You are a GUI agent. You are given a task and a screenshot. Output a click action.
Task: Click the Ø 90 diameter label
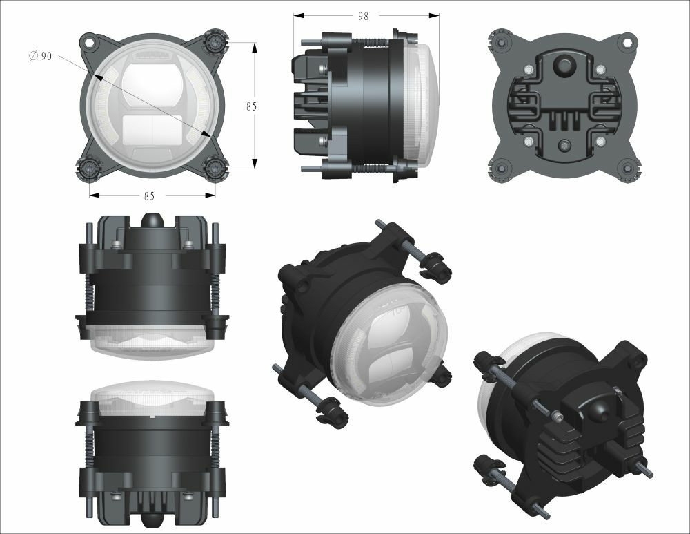41,57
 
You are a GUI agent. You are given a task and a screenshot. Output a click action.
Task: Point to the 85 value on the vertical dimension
251,106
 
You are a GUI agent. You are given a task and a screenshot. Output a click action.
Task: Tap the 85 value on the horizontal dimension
149,196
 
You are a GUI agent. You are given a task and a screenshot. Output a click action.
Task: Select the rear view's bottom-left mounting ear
500,167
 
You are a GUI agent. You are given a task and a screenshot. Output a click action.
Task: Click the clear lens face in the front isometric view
390,345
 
